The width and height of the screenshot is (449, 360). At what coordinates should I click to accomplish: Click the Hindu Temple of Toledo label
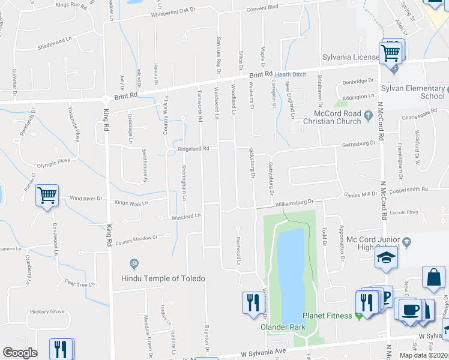163,278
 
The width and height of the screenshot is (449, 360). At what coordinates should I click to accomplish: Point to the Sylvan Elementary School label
412,91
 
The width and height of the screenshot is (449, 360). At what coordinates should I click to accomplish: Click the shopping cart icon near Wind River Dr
47,195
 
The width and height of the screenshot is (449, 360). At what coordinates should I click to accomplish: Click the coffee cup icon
411,310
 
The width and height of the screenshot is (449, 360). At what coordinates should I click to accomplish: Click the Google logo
20,353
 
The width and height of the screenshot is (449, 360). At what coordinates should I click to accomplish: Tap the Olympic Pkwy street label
54,161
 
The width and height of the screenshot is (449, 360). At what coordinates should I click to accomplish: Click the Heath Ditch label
291,74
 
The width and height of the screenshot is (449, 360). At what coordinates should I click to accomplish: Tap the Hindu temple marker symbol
134,263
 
